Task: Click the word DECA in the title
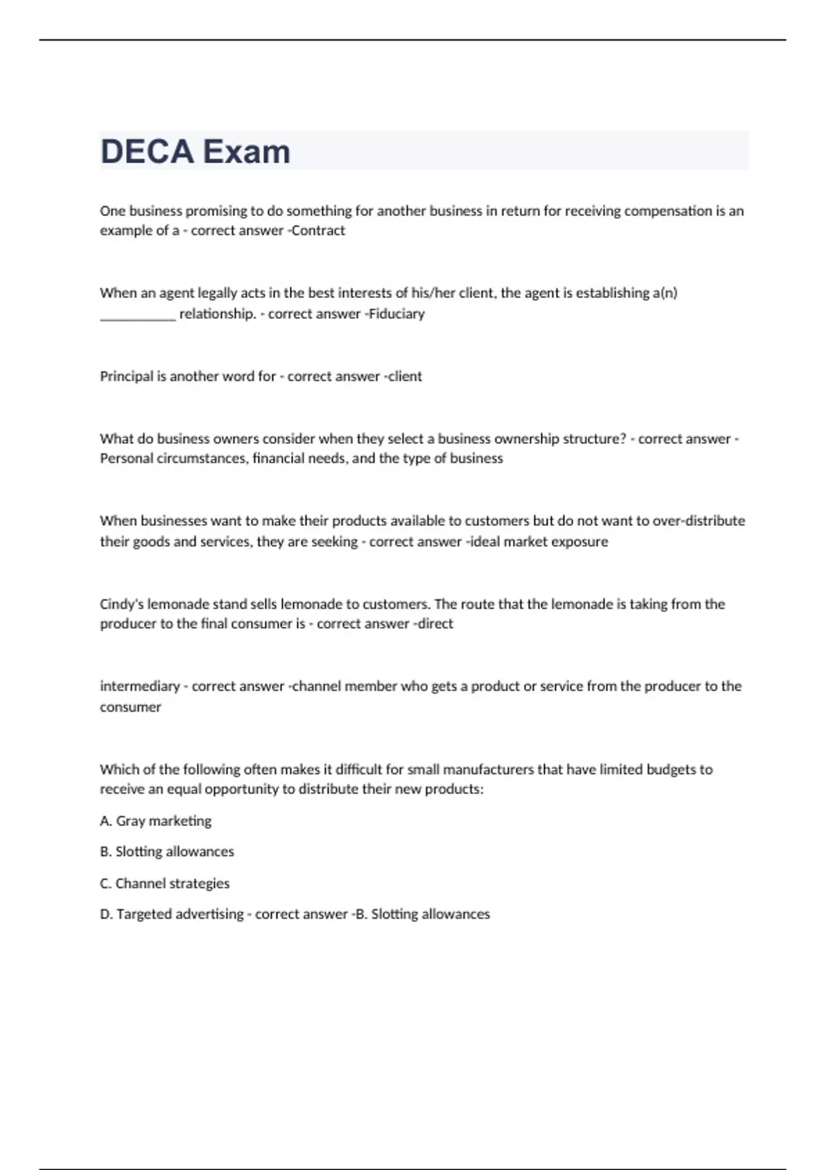pyautogui.click(x=147, y=151)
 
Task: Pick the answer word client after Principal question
pyautogui.click(x=405, y=376)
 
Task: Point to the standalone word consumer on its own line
pyautogui.click(x=130, y=708)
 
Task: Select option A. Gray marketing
pyautogui.click(x=156, y=821)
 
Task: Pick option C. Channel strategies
pyautogui.click(x=165, y=884)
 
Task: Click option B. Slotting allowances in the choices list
pyautogui.click(x=167, y=852)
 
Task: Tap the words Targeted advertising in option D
pyautogui.click(x=180, y=915)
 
